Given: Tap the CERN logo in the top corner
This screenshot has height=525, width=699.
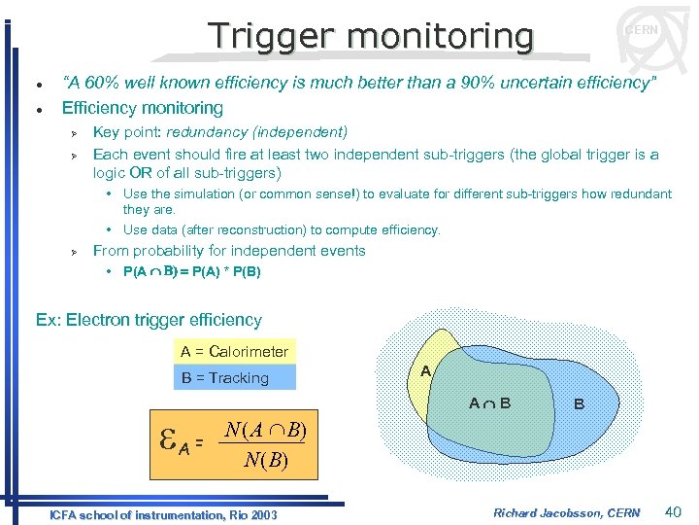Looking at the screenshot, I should pyautogui.click(x=641, y=30).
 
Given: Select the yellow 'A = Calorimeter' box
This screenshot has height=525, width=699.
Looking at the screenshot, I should pyautogui.click(x=234, y=351).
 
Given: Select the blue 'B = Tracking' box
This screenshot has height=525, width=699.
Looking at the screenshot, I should pyautogui.click(x=234, y=377).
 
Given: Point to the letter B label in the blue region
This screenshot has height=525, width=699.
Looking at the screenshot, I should pyautogui.click(x=579, y=403).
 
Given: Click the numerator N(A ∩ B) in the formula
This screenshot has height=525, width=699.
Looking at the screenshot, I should pyautogui.click(x=264, y=431).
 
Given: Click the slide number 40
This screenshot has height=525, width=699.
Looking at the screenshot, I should pyautogui.click(x=674, y=511).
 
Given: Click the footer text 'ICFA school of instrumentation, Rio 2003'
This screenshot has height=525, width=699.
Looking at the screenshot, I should pyautogui.click(x=163, y=514).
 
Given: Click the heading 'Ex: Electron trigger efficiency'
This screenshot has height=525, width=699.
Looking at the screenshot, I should pyautogui.click(x=149, y=320).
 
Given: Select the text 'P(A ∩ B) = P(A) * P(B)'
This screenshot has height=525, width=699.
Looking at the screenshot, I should pyautogui.click(x=192, y=272).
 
